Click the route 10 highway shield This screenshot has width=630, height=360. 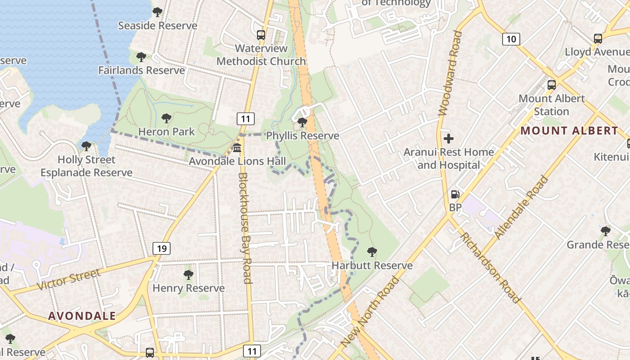(511, 39)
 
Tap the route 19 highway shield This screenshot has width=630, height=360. (162, 248)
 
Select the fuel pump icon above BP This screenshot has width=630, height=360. (455, 194)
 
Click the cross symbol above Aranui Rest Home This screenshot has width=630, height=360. (448, 139)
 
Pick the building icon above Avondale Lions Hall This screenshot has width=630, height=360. (237, 148)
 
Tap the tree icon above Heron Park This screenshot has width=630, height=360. (166, 118)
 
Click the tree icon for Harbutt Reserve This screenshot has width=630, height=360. (372, 252)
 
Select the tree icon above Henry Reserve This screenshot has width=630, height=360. (189, 274)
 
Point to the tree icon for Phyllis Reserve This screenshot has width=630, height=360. (302, 122)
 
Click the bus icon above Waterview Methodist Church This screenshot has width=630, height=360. (261, 35)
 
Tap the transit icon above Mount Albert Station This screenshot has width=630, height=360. (551, 85)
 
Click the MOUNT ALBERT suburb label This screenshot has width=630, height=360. (569, 131)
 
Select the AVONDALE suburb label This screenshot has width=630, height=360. (82, 316)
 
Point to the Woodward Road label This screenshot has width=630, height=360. (450, 73)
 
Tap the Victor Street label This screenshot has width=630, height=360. (68, 279)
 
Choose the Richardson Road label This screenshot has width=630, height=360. (490, 268)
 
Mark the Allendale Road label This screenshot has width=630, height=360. (522, 207)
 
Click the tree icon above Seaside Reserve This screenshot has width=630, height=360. (157, 12)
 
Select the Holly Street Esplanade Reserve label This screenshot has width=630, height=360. (86, 166)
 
